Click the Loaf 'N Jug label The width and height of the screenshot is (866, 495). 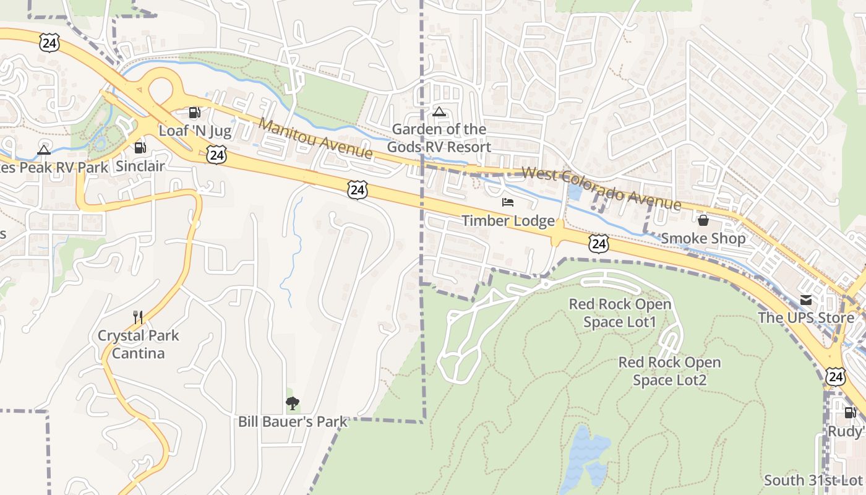[195, 131]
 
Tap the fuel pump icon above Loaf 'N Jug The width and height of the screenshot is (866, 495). [195, 113]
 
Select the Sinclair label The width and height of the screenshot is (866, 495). [140, 166]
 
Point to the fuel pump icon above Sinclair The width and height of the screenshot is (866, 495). [140, 147]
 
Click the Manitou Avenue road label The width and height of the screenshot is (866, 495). [315, 138]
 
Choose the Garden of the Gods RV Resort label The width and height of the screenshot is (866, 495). [439, 138]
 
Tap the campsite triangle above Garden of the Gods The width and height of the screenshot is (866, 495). [439, 112]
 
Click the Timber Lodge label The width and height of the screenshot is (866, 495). [508, 220]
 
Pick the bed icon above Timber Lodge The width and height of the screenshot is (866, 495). [508, 202]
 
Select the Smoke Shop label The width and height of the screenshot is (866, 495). [703, 238]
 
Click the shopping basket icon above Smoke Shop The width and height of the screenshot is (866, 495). [703, 220]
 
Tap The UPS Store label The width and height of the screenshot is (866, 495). [806, 318]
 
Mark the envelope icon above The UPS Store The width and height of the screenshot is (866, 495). [806, 300]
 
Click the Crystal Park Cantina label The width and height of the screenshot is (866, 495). [139, 345]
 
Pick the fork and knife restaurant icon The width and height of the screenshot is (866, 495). [138, 317]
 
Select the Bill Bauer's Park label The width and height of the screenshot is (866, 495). [293, 421]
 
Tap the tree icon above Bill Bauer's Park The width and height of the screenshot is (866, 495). [293, 403]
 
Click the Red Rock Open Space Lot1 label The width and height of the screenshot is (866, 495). [620, 313]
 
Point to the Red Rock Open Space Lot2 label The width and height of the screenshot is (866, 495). [670, 371]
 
